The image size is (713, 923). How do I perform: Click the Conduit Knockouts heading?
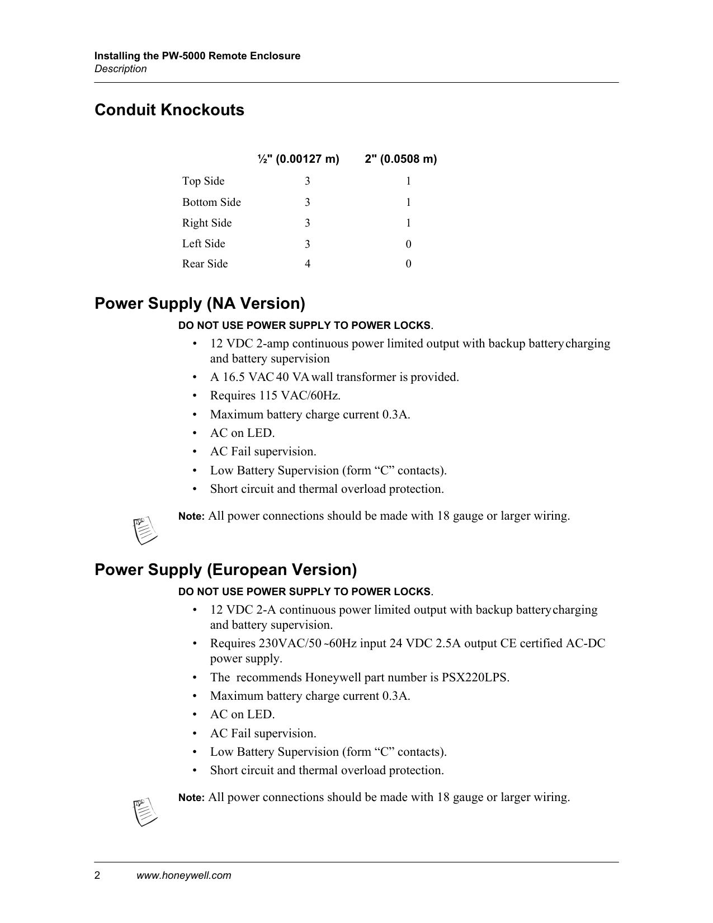(x=169, y=110)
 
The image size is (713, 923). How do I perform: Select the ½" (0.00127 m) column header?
(x=299, y=159)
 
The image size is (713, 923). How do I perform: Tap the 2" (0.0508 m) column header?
(x=400, y=159)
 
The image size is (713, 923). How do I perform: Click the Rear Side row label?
(x=205, y=264)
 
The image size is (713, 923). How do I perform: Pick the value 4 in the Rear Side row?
(x=308, y=264)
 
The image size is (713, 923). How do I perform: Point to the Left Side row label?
(x=204, y=244)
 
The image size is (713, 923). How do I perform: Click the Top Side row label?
(x=203, y=181)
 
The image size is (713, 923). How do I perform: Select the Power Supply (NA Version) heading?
(x=200, y=304)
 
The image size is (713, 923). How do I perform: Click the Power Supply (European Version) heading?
(x=225, y=570)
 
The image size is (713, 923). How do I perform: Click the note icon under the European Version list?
(x=145, y=812)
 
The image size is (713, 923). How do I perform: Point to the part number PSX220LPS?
(x=475, y=677)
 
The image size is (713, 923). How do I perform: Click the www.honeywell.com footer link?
(x=184, y=876)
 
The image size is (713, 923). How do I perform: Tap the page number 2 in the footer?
(x=97, y=876)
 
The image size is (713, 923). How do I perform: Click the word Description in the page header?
(x=121, y=69)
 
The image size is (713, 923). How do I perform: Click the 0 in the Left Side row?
(x=408, y=244)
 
